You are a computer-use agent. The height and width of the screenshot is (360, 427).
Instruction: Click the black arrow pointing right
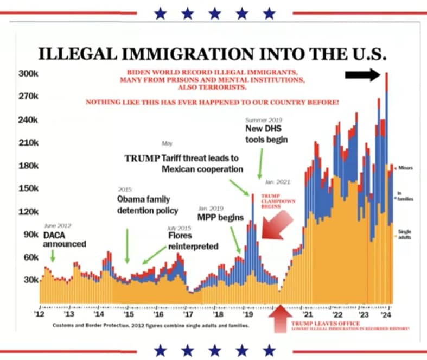click(x=364, y=75)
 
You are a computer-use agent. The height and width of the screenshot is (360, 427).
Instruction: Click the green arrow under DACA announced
click(x=53, y=256)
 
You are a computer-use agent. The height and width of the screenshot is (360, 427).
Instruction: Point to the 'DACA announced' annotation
click(x=65, y=239)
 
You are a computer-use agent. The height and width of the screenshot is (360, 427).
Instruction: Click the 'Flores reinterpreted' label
click(x=193, y=242)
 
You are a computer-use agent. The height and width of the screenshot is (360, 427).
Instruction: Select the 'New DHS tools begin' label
click(x=266, y=134)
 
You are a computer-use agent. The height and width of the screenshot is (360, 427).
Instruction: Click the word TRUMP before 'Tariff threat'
click(x=142, y=158)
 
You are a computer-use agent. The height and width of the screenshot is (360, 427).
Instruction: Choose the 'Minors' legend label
click(x=406, y=168)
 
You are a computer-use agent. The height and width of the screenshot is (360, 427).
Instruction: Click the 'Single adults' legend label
click(x=405, y=234)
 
